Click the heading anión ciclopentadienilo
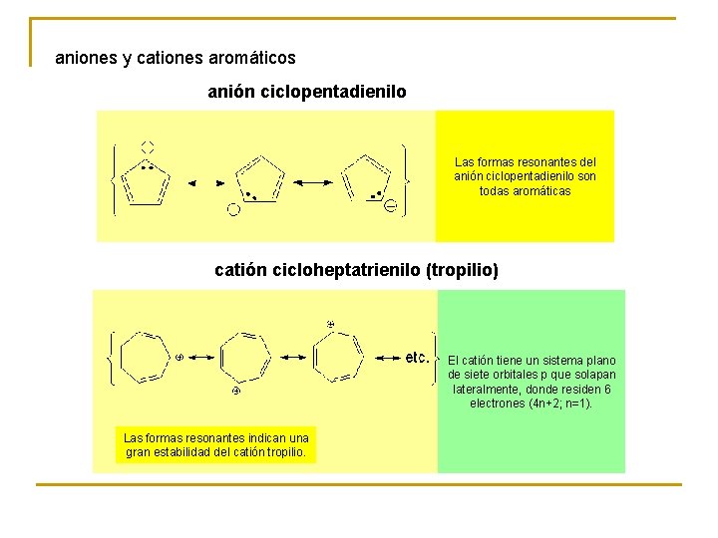click(x=307, y=92)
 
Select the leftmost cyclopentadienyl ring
click(x=146, y=181)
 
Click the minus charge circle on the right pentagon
click(x=391, y=206)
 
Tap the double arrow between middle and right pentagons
click(x=312, y=181)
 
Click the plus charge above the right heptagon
click(x=330, y=325)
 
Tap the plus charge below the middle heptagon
click(x=236, y=392)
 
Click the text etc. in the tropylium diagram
click(x=417, y=357)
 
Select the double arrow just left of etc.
click(x=387, y=357)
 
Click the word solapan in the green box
click(x=594, y=375)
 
